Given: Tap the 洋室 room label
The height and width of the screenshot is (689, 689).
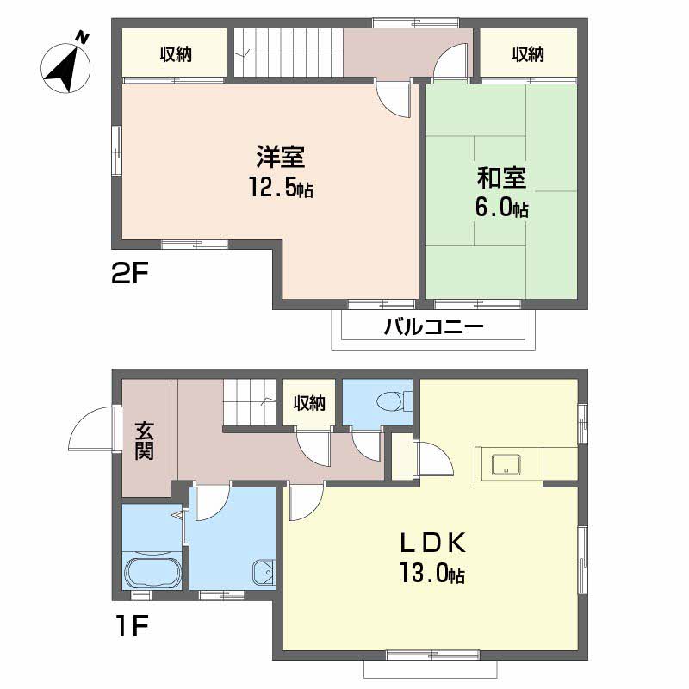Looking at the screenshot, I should (280, 158).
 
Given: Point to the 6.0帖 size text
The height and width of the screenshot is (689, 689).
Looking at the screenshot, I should (501, 208).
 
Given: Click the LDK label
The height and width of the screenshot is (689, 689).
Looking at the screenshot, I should (431, 543).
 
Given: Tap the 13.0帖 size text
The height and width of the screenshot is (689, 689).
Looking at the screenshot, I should (431, 573).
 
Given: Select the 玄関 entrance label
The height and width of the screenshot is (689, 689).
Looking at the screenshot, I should (144, 440).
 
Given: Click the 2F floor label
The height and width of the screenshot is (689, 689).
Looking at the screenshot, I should (130, 276).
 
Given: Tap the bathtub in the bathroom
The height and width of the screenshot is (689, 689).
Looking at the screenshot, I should (152, 571).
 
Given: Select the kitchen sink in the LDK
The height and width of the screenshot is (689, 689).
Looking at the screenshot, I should (504, 465).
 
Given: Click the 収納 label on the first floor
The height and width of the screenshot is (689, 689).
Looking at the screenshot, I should (308, 402).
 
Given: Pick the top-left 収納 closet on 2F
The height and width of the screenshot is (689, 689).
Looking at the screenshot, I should (175, 54).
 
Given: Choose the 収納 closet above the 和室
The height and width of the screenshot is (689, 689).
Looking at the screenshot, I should (528, 54).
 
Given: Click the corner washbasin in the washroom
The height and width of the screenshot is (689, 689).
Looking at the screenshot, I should (263, 570).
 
